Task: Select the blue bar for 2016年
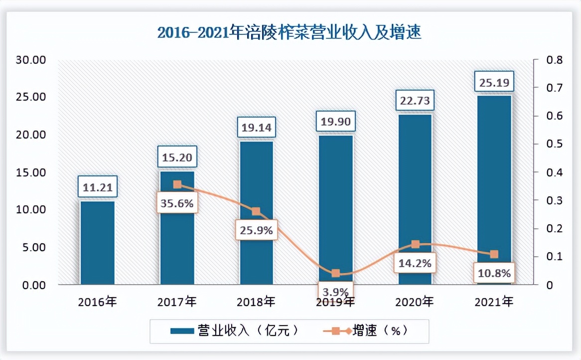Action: (98, 243)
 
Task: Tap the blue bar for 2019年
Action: (336, 209)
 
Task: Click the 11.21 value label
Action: (98, 187)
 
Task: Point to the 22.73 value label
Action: (415, 102)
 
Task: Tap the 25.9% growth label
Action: (255, 230)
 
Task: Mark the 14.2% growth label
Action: (415, 261)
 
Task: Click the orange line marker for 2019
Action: (335, 273)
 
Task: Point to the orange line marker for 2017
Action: (177, 184)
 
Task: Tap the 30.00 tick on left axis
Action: (31, 60)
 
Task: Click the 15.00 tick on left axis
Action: (31, 173)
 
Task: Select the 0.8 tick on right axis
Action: (555, 60)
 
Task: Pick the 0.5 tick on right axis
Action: (555, 144)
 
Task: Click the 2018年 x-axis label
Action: (256, 302)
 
